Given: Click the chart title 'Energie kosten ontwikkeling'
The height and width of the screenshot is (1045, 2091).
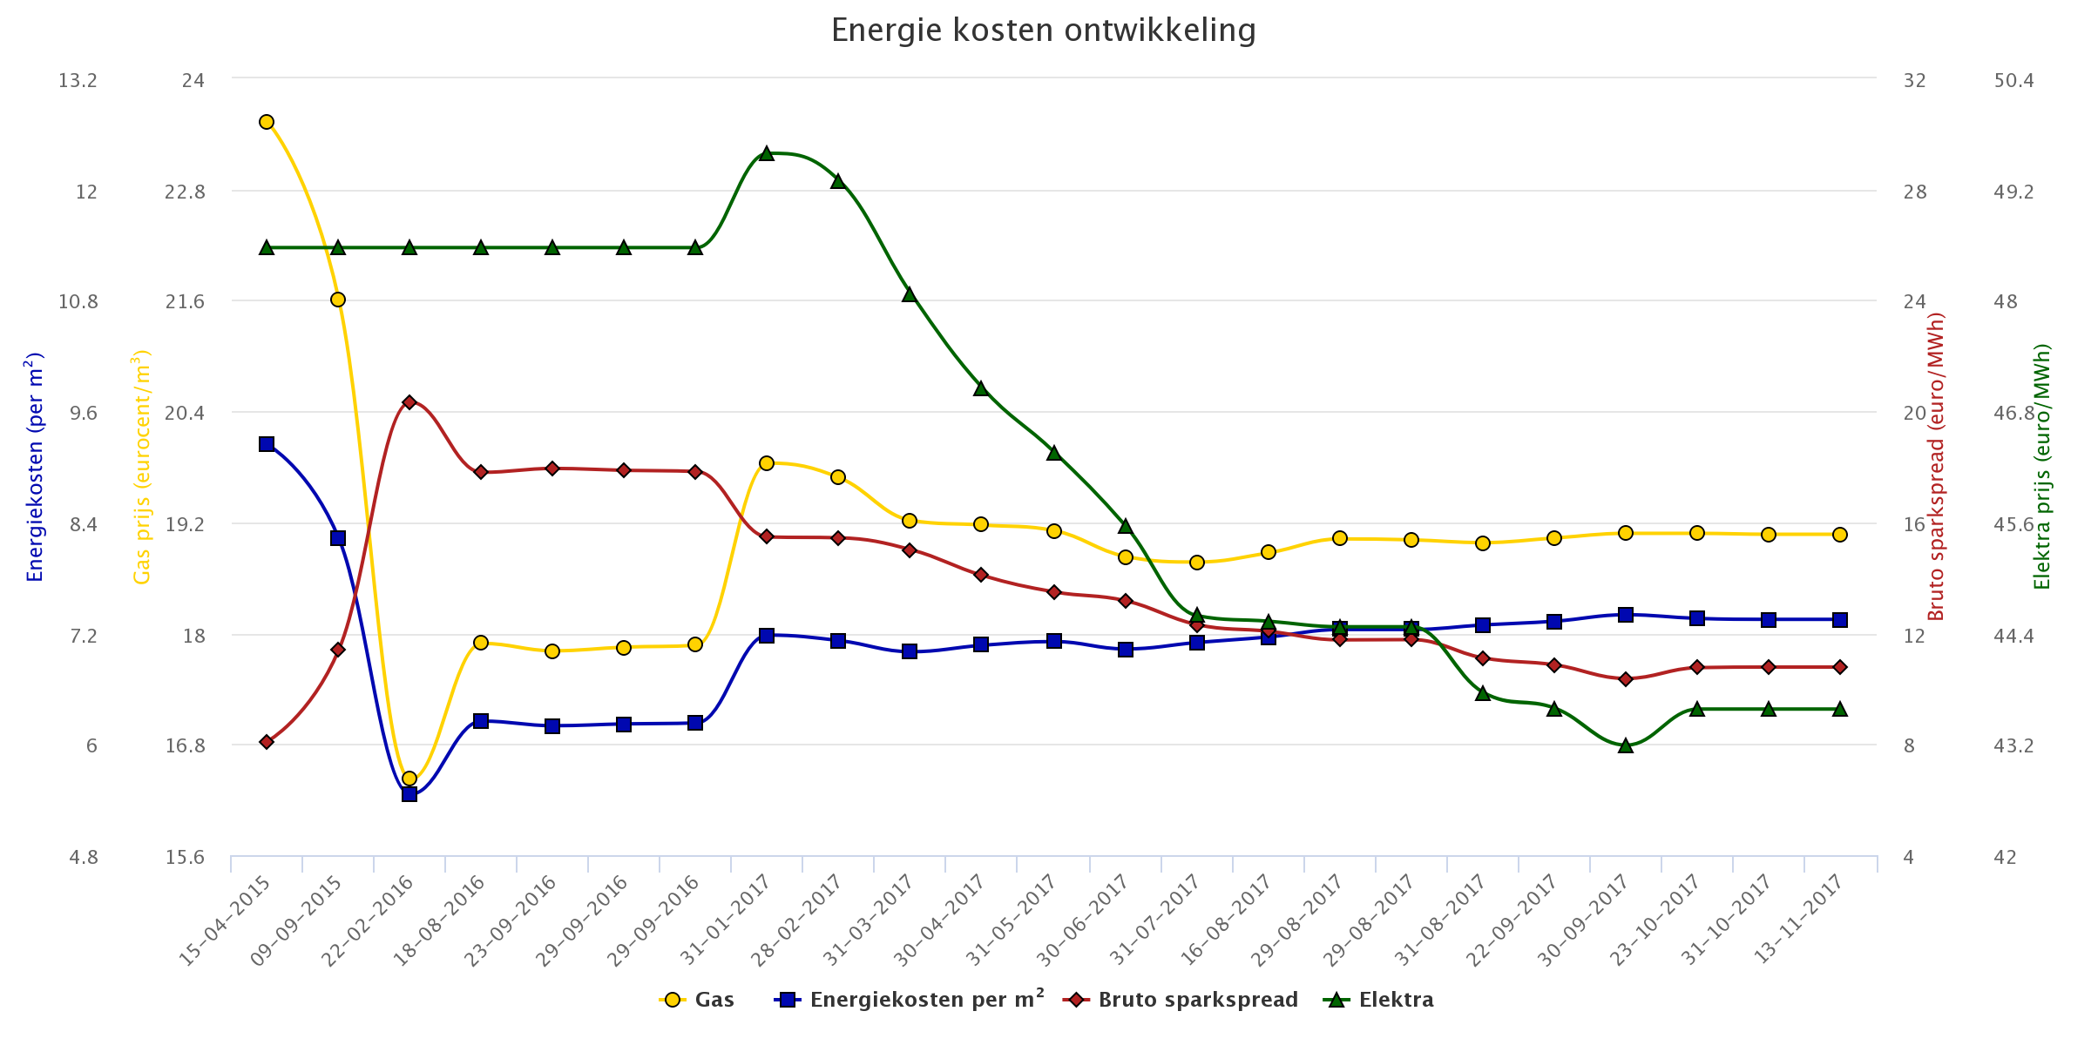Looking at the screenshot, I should [1043, 30].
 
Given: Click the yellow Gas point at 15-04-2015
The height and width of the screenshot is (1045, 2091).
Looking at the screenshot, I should [267, 122].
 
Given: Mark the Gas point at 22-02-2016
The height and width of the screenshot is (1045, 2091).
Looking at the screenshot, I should [409, 779].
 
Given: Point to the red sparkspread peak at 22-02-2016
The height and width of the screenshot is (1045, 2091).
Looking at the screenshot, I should [409, 402].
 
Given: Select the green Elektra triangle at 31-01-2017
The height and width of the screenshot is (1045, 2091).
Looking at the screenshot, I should [767, 154].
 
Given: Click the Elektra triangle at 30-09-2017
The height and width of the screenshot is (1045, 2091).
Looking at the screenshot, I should [1626, 746].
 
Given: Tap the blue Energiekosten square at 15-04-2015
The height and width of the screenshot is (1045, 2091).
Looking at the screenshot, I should [267, 444].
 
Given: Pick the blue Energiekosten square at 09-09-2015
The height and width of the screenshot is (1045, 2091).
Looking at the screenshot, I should [338, 538].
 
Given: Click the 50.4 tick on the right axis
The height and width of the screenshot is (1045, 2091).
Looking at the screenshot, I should [2013, 81].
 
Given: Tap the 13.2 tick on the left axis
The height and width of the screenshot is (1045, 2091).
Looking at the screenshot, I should [78, 81].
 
